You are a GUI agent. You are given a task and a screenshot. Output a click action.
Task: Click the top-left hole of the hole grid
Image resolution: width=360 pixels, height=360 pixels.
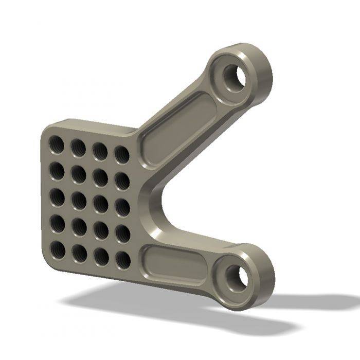point(56,145)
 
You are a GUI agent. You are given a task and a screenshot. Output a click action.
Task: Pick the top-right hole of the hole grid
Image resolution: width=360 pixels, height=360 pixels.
point(122,154)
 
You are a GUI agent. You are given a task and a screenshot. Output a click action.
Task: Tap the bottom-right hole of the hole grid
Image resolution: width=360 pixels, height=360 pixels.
point(123,260)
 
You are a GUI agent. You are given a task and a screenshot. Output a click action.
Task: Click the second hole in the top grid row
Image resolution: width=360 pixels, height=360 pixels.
point(78,148)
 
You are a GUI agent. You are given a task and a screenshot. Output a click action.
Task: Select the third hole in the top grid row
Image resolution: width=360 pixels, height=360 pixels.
point(100,151)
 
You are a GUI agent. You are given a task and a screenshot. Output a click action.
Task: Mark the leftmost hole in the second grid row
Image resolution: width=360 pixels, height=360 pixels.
point(57,171)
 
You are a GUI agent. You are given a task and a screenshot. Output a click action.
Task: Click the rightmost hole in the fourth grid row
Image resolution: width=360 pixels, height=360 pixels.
point(122,233)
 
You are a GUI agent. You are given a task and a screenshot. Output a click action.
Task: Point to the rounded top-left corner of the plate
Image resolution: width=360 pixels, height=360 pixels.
point(46,129)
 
